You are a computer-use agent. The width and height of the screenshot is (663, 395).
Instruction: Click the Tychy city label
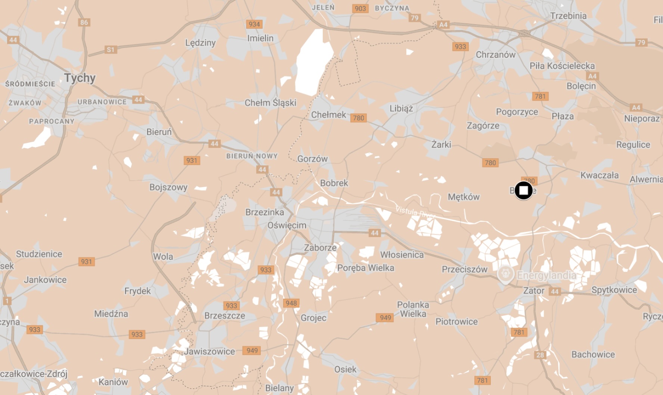(x=80, y=78)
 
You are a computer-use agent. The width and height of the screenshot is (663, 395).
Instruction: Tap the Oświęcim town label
(x=287, y=225)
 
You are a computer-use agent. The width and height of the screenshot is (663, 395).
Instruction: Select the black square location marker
(x=523, y=190)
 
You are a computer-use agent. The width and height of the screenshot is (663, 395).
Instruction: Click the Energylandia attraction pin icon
(x=505, y=274)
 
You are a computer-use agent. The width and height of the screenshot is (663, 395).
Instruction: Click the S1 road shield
(x=110, y=50)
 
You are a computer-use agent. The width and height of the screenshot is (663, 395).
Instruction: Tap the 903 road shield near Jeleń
(x=360, y=9)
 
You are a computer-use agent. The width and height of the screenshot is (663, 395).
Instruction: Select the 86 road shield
(x=84, y=22)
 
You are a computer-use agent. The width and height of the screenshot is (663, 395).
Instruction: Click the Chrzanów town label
(x=495, y=55)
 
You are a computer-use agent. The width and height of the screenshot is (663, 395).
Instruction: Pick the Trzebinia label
(x=568, y=16)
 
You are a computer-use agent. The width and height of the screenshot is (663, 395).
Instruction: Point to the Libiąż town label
(x=401, y=108)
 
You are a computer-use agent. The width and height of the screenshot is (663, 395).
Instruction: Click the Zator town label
(x=534, y=290)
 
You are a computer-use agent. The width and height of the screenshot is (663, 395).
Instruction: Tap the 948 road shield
(x=291, y=303)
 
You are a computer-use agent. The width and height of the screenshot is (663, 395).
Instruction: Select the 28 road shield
(x=540, y=355)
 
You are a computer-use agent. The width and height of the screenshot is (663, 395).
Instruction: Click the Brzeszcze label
(x=224, y=315)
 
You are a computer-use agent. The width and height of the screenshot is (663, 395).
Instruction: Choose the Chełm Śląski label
(x=270, y=103)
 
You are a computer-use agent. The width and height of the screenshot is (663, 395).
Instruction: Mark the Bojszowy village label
(x=168, y=187)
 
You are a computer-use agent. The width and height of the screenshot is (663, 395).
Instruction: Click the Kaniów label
(x=113, y=382)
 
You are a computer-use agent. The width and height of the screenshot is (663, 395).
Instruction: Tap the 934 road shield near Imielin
(x=254, y=24)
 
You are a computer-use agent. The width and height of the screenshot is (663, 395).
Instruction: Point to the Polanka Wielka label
(x=413, y=309)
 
